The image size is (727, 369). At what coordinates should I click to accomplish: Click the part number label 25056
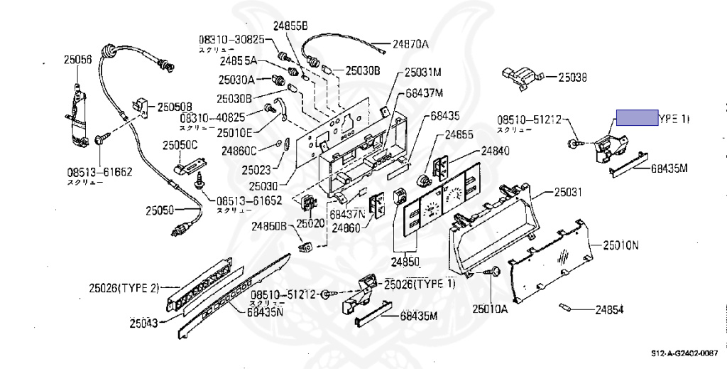pyautogui.click(x=77, y=62)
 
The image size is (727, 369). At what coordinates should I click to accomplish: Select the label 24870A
pyautogui.click(x=411, y=44)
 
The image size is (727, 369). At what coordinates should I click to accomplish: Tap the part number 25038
pyautogui.click(x=572, y=77)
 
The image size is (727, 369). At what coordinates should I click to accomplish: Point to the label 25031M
pyautogui.click(x=424, y=73)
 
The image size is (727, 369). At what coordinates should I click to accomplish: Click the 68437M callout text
pyautogui.click(x=425, y=93)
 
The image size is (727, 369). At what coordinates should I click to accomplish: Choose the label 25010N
pyautogui.click(x=621, y=245)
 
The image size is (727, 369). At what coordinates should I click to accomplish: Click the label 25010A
pyautogui.click(x=491, y=309)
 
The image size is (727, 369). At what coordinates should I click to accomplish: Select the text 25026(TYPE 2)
pyautogui.click(x=124, y=288)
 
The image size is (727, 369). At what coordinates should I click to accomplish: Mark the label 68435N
pyautogui.click(x=266, y=311)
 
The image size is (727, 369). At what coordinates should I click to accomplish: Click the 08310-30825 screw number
pyautogui.click(x=231, y=39)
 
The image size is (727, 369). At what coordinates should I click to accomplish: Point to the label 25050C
pyautogui.click(x=180, y=145)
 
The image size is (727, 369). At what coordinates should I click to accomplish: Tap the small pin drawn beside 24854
pyautogui.click(x=565, y=307)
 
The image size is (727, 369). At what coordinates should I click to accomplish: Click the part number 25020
pyautogui.click(x=310, y=223)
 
